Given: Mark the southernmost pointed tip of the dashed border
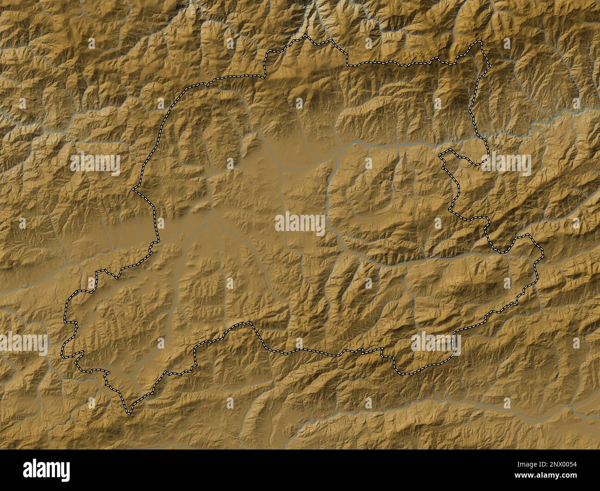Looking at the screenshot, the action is tap(128, 412).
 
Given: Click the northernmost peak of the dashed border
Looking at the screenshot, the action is tap(305, 35).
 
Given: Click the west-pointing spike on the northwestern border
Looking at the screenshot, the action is tap(133, 189).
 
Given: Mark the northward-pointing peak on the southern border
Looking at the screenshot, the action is tap(251, 323).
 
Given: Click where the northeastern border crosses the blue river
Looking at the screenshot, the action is tap(479, 137).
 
